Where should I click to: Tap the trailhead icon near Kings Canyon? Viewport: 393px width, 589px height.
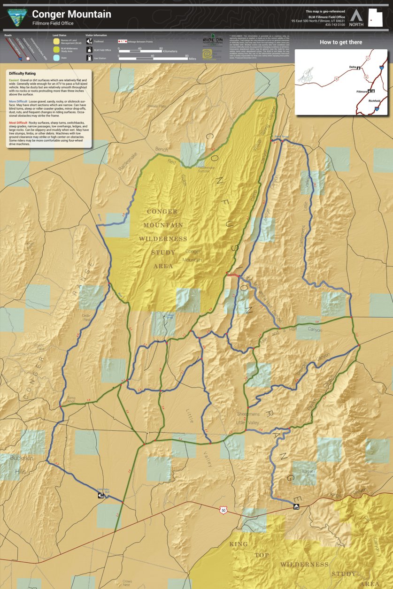point(296,507)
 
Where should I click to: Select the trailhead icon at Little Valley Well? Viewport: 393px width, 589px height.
point(101,495)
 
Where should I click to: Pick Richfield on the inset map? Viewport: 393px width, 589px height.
point(375,101)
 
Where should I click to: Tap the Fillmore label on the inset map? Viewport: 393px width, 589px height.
point(362,91)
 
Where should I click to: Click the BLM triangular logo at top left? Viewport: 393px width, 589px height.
point(17,17)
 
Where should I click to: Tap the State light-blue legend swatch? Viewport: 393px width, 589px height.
point(56,58)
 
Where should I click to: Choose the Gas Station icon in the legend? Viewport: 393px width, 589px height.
point(89,58)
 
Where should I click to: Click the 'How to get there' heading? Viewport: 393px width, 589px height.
point(341,42)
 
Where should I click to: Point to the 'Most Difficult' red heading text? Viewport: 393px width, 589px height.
point(18,122)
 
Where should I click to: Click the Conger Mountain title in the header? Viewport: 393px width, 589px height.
point(71,15)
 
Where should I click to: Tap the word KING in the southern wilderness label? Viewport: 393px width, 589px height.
point(238,544)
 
